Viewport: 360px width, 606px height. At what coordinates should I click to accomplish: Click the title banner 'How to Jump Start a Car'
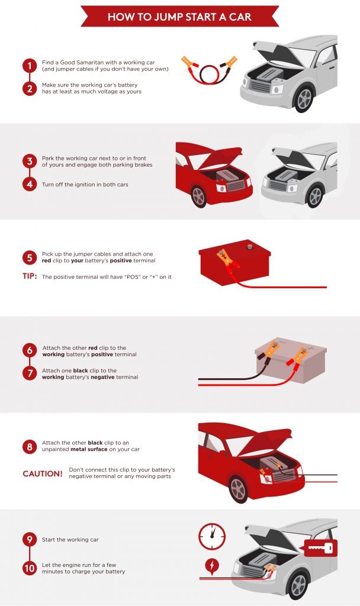[180, 16]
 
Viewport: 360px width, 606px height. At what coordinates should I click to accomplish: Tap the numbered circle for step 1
[30, 66]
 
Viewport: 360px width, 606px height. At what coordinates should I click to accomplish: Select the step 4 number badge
[30, 184]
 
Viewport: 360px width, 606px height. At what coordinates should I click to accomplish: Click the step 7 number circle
[30, 373]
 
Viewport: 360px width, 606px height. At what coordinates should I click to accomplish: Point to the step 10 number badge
[30, 568]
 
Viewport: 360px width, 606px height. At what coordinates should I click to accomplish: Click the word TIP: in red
[30, 276]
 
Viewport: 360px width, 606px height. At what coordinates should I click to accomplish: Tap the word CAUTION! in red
[43, 474]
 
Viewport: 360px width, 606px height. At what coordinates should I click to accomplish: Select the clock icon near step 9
[212, 536]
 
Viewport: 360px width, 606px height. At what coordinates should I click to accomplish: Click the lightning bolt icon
[212, 565]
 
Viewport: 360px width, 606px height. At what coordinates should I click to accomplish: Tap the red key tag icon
[321, 548]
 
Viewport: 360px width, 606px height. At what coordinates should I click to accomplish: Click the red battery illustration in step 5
[234, 263]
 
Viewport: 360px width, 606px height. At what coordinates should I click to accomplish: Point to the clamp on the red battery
[227, 259]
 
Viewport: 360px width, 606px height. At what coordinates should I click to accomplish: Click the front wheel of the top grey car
[304, 99]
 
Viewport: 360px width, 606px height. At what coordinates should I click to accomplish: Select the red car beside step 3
[214, 175]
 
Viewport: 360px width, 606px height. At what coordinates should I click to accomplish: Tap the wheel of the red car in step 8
[239, 489]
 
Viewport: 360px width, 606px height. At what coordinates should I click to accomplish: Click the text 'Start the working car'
[70, 540]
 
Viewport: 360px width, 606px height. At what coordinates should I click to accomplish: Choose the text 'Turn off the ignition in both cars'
[85, 185]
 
